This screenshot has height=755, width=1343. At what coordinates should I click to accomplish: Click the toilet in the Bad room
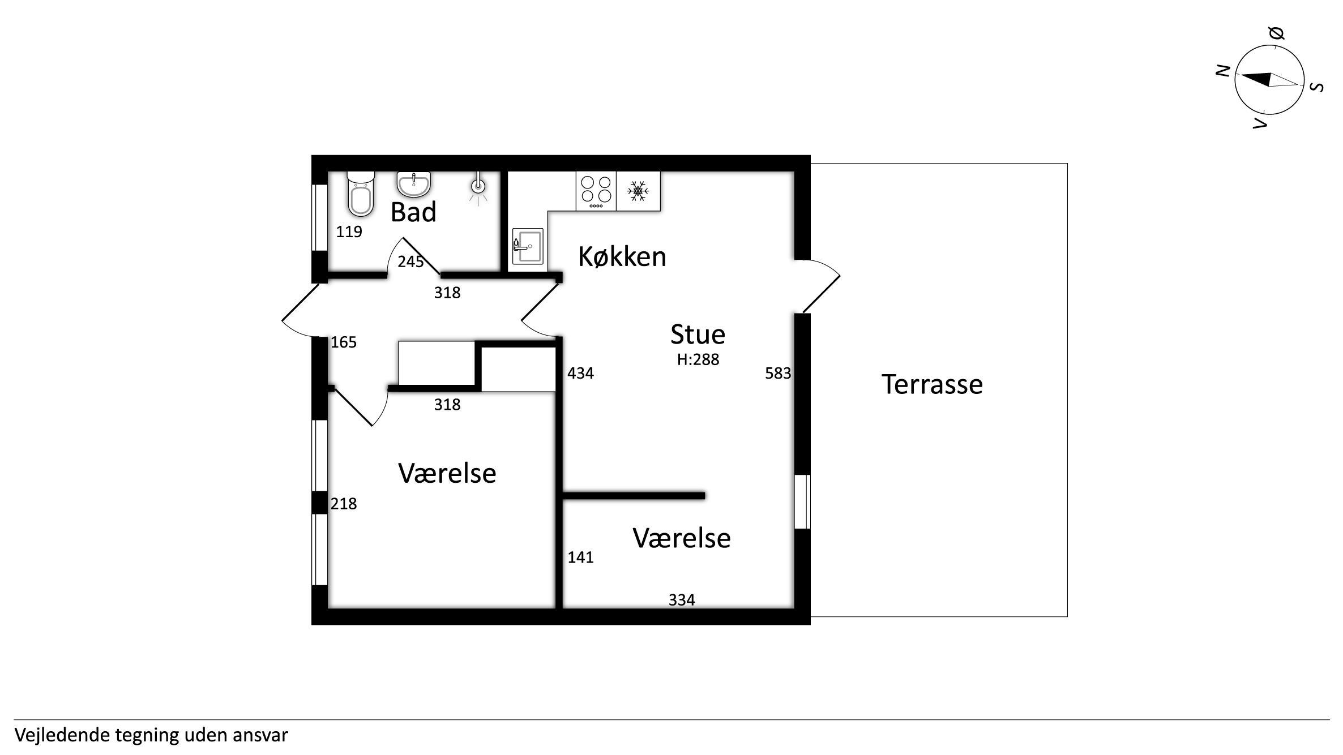click(361, 194)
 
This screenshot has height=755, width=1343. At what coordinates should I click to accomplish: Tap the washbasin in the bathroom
click(414, 185)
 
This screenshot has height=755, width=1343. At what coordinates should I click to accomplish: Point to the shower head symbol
click(478, 186)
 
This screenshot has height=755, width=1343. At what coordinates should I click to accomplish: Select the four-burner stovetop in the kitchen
click(596, 191)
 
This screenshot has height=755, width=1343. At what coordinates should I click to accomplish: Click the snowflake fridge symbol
click(638, 191)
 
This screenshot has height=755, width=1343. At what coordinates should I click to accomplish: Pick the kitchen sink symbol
click(528, 246)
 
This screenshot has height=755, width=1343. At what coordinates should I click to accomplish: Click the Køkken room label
click(622, 257)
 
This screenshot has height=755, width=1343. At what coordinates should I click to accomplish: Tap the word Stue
click(698, 334)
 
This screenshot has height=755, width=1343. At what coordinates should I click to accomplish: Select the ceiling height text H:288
click(698, 359)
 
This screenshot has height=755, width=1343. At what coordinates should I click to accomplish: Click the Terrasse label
click(932, 384)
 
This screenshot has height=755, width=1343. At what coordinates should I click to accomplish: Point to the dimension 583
click(778, 373)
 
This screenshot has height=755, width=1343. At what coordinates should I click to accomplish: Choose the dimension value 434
click(580, 373)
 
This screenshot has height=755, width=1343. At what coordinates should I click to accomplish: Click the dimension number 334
click(682, 599)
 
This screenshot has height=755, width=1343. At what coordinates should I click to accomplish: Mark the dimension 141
click(580, 557)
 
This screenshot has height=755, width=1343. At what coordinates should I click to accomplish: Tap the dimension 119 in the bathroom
click(349, 231)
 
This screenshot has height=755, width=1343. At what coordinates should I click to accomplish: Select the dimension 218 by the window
click(344, 503)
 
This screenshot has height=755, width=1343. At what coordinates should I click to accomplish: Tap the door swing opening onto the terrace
click(821, 286)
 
